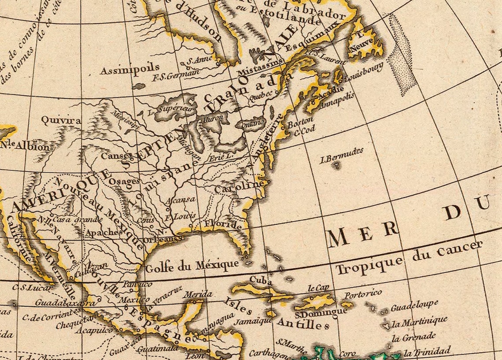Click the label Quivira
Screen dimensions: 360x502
[61, 120]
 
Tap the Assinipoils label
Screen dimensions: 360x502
[129, 69]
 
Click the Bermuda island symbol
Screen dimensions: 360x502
[336, 166]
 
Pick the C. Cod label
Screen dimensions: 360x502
[305, 131]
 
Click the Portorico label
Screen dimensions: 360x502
[363, 294]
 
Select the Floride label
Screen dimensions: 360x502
[223, 225]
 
